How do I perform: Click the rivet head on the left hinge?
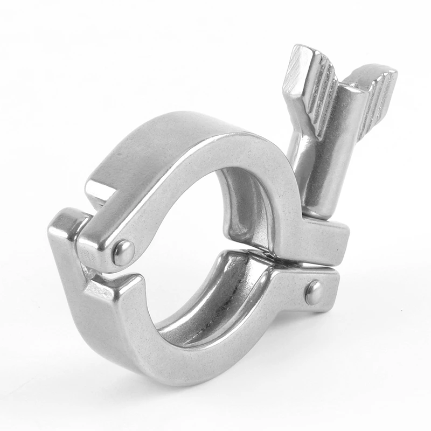click(x=123, y=251)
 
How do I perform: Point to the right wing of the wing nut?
click(x=372, y=94)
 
